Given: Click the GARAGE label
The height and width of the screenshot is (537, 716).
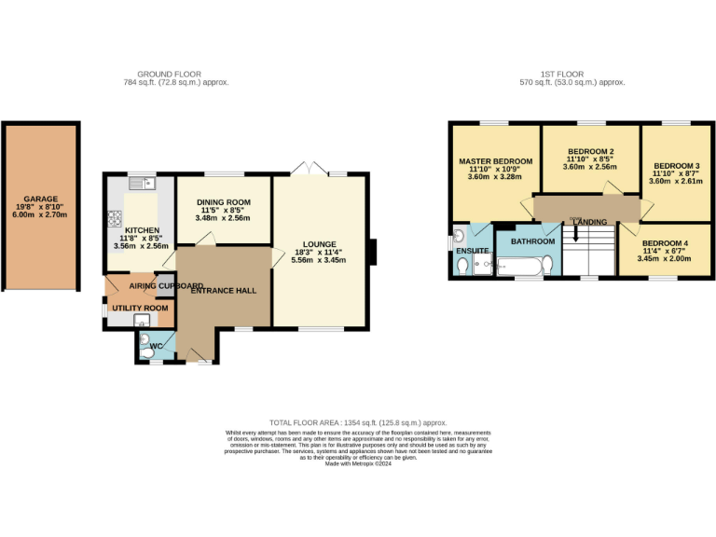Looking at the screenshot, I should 40,199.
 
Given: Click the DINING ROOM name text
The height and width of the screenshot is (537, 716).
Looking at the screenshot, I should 223,202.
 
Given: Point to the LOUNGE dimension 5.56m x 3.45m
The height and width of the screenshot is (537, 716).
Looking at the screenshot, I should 318,260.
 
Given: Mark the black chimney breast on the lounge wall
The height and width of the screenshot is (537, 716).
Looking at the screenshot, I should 371,252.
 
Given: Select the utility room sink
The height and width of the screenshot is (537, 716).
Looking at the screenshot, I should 142,321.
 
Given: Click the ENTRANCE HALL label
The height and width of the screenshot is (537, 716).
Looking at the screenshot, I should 223,291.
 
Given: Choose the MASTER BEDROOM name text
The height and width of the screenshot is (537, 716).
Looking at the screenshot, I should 495,161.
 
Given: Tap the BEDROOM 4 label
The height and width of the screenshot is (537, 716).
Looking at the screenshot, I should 664,243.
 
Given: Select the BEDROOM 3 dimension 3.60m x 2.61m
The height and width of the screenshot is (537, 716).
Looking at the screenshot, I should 676,181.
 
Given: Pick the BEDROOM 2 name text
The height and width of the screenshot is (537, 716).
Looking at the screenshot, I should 590,152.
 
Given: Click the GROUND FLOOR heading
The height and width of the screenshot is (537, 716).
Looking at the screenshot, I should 169,74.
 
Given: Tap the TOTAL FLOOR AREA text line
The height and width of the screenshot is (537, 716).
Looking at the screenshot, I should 358,422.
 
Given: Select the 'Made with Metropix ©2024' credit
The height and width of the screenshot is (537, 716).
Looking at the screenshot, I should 358,463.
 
